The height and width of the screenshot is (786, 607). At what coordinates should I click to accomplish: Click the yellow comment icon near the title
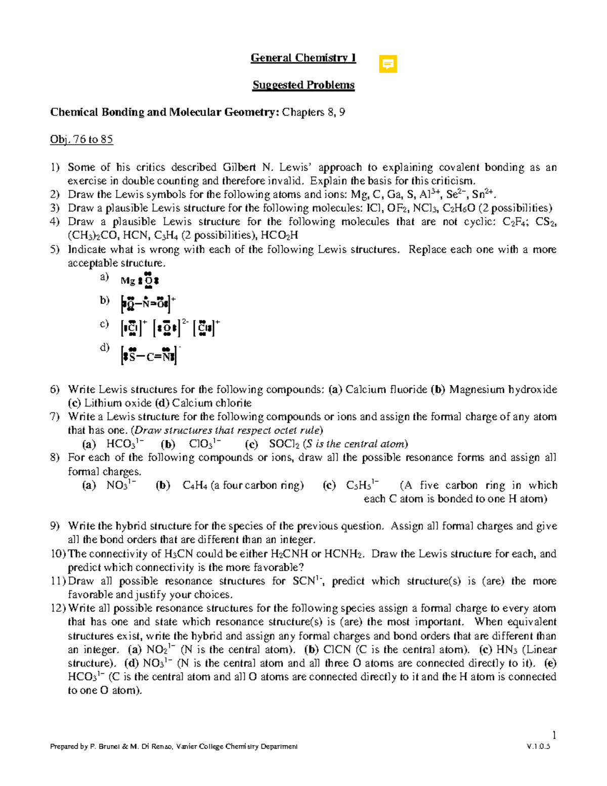pyautogui.click(x=388, y=64)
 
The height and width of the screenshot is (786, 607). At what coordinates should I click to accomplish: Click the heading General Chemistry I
pyautogui.click(x=303, y=58)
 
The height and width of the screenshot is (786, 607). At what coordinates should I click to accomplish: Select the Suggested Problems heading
pyautogui.click(x=303, y=85)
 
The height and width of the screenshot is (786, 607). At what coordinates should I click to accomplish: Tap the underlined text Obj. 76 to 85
pyautogui.click(x=81, y=139)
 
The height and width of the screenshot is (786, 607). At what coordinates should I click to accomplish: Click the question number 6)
pyautogui.click(x=55, y=390)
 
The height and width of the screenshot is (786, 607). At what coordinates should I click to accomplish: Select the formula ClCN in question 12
pyautogui.click(x=336, y=650)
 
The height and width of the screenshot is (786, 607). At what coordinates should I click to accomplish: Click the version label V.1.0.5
pyautogui.click(x=538, y=747)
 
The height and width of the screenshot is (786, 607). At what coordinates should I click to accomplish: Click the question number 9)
pyautogui.click(x=55, y=526)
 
